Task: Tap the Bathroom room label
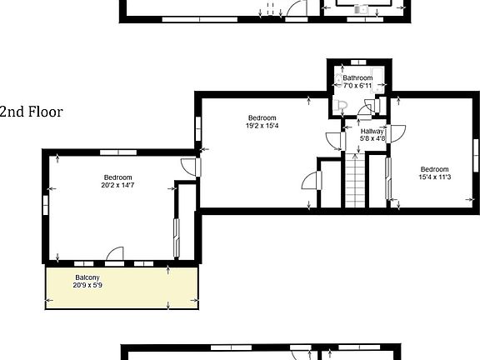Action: point(357,78)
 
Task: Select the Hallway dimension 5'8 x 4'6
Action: point(372,139)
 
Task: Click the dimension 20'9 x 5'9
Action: point(87,285)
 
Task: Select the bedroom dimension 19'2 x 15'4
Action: point(262,126)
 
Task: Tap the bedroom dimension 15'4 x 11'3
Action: point(433,177)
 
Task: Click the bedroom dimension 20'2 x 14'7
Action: point(118,185)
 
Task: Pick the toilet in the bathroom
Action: point(342,107)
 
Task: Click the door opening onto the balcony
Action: point(114,253)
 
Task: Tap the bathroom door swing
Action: point(367,109)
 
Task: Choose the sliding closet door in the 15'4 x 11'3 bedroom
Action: point(387,177)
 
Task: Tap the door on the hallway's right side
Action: point(397,132)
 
